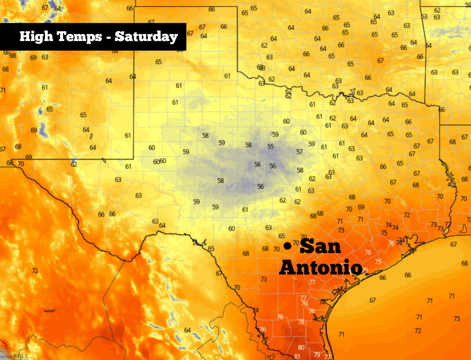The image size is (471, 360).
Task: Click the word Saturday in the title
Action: coord(146,37)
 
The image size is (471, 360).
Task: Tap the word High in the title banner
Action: coord(34,37)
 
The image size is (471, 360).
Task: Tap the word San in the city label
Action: coord(321,247)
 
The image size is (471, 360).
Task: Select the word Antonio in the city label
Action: coord(321,267)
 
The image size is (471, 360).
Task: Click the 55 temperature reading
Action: coord(271,147)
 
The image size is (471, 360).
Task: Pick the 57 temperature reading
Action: coord(299,152)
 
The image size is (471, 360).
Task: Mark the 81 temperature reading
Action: coord(297,357)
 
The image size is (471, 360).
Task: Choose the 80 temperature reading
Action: coord(301,348)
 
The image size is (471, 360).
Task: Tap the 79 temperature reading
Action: coord(317,354)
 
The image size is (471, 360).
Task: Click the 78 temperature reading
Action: coord(301,322)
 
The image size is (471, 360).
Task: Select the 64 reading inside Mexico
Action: coord(188,330)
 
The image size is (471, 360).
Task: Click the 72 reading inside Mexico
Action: coord(35,271)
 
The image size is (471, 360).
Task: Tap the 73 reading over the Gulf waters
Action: coord(457,319)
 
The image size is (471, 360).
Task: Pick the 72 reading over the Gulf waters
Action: coord(418,331)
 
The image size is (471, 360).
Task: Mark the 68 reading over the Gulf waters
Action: coord(464,263)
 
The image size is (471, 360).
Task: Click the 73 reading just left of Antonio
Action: coord(264,279)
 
